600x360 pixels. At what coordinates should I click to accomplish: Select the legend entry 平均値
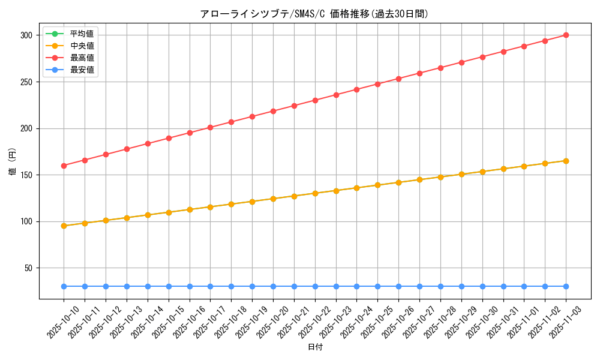tap(82, 34)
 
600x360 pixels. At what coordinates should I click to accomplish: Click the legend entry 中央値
tap(82, 46)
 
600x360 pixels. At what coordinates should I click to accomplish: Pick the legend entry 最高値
tap(82, 58)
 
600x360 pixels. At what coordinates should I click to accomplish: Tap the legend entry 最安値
tap(82, 70)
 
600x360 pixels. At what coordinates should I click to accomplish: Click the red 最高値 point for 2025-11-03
tap(566, 35)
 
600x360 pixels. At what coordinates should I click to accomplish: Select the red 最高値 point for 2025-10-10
tap(64, 166)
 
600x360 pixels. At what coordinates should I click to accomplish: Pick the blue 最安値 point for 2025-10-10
tap(64, 286)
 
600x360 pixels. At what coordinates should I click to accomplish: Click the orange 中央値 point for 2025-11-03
tap(566, 161)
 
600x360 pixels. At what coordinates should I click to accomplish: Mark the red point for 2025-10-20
tap(273, 111)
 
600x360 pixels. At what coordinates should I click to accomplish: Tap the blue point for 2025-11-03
tap(566, 286)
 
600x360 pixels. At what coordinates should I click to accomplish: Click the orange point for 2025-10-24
tap(356, 188)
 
